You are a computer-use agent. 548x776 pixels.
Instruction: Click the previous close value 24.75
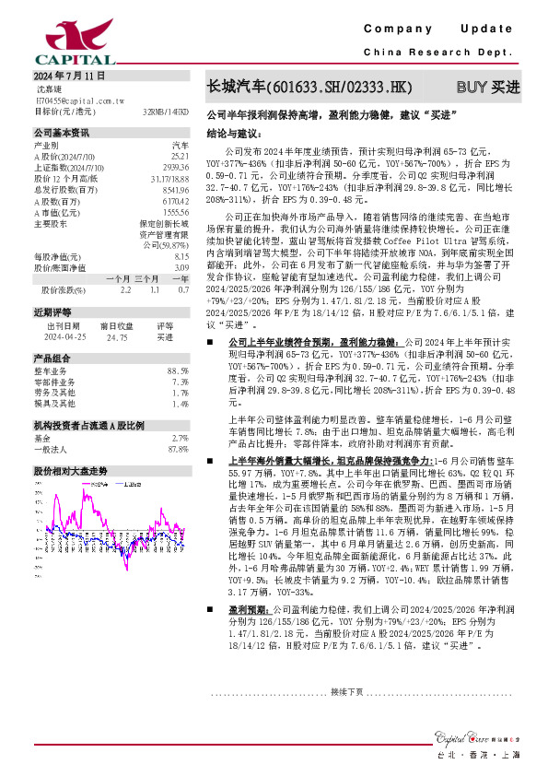tap(115, 337)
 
